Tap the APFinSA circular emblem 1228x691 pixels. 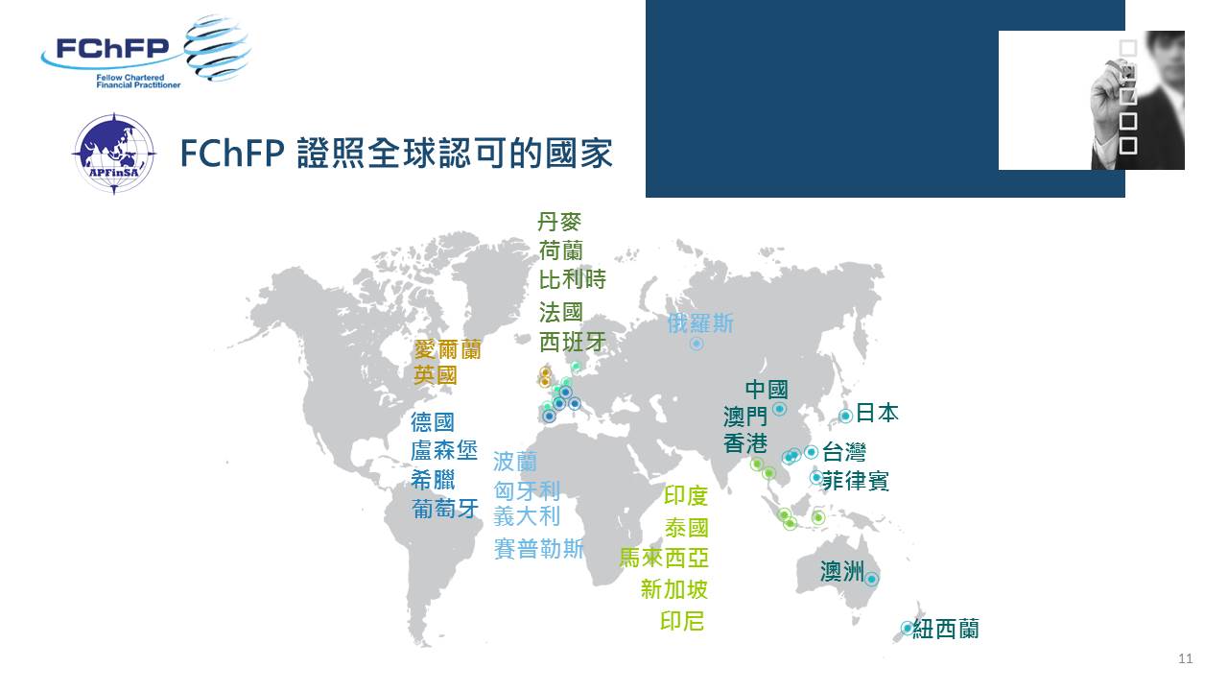(114, 155)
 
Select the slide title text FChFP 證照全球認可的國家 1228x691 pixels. (396, 153)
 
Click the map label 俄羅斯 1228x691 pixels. (700, 323)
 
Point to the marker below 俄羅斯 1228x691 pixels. (697, 344)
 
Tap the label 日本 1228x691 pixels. (877, 413)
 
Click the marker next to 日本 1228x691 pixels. (845, 416)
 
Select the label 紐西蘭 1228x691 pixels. (946, 629)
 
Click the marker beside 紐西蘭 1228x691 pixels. (907, 628)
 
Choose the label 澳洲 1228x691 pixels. (842, 571)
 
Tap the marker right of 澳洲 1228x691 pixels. (871, 579)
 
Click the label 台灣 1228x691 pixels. (844, 452)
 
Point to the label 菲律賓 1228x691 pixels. (855, 481)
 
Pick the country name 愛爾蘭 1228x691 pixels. (447, 349)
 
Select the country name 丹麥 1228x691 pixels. (559, 222)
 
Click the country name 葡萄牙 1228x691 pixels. (445, 509)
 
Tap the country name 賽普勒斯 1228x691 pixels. (539, 548)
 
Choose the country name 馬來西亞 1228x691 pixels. (664, 558)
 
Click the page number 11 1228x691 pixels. (1185, 658)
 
